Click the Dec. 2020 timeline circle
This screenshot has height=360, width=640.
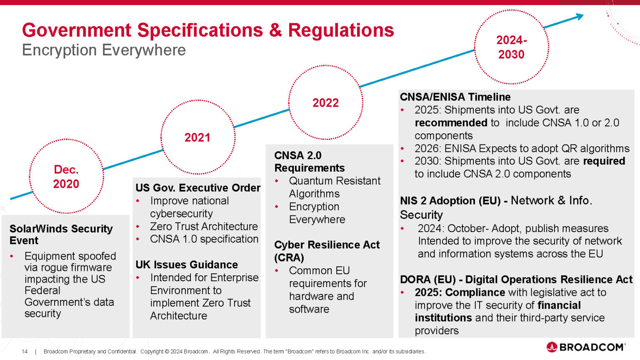pos(66,177)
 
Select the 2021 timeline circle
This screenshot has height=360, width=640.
pos(197,137)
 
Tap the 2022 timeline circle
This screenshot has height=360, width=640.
pos(325,102)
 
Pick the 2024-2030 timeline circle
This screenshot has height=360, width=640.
pos(511,47)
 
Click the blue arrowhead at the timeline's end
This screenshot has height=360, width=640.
pos(579,17)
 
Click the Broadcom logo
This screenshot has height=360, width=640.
pos(585,347)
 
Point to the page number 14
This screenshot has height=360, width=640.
pos(25,352)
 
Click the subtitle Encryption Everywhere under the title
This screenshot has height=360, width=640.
pos(104,50)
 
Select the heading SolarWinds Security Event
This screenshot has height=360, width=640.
pos(61,235)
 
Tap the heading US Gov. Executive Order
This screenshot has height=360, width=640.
pos(198,188)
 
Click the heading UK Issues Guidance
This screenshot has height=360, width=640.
pos(187,265)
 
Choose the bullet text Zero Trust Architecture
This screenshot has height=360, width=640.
pos(204,226)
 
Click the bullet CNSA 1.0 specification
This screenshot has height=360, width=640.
pos(204,239)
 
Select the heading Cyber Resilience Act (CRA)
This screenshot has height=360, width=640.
pos(327,251)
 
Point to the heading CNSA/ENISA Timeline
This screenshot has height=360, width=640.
pos(455,97)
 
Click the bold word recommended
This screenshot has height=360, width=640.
pos(451,123)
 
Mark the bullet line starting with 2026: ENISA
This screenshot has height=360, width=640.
pos(522,149)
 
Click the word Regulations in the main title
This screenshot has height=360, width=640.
pos(341,30)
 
